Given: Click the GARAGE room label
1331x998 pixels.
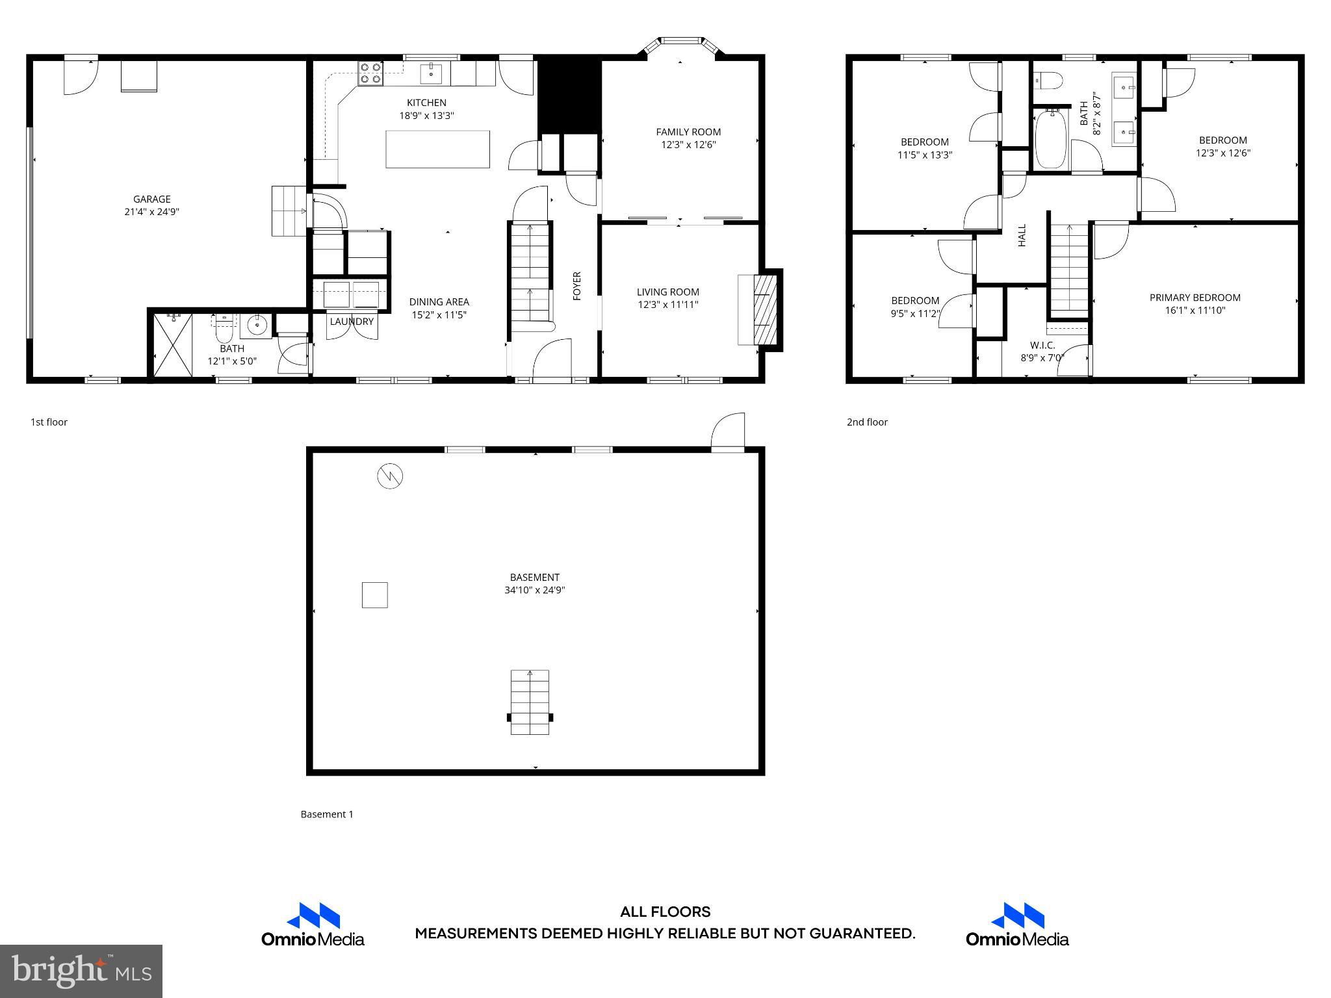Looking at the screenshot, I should (151, 199).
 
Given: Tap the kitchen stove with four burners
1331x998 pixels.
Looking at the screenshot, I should (371, 73).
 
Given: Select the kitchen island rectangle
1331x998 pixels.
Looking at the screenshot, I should (437, 149).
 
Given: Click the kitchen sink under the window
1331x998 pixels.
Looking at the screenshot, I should (432, 74).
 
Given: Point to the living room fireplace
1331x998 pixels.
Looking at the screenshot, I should (758, 310).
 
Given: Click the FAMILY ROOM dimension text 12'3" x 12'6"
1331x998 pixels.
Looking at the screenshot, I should (688, 145).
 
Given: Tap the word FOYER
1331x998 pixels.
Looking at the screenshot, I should (576, 286).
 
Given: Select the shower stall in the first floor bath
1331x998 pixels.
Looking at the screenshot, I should (174, 344).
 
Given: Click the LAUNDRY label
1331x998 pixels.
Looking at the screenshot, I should (352, 322).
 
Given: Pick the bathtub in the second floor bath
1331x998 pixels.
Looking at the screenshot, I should (1050, 138).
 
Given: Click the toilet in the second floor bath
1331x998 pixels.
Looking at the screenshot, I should (1048, 81).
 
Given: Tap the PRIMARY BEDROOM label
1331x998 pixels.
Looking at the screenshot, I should (1195, 298).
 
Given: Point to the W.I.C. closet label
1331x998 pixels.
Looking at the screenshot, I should (1042, 345).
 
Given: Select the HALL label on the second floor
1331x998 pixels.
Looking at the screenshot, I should (1022, 235).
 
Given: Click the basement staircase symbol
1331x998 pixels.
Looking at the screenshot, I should (530, 702).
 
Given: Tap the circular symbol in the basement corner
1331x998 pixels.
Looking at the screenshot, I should (390, 476).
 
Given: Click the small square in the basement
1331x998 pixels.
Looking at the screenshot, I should (375, 595).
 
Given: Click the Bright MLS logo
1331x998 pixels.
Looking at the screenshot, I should (81, 971).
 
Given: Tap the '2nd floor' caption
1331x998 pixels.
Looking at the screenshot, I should (867, 422).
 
